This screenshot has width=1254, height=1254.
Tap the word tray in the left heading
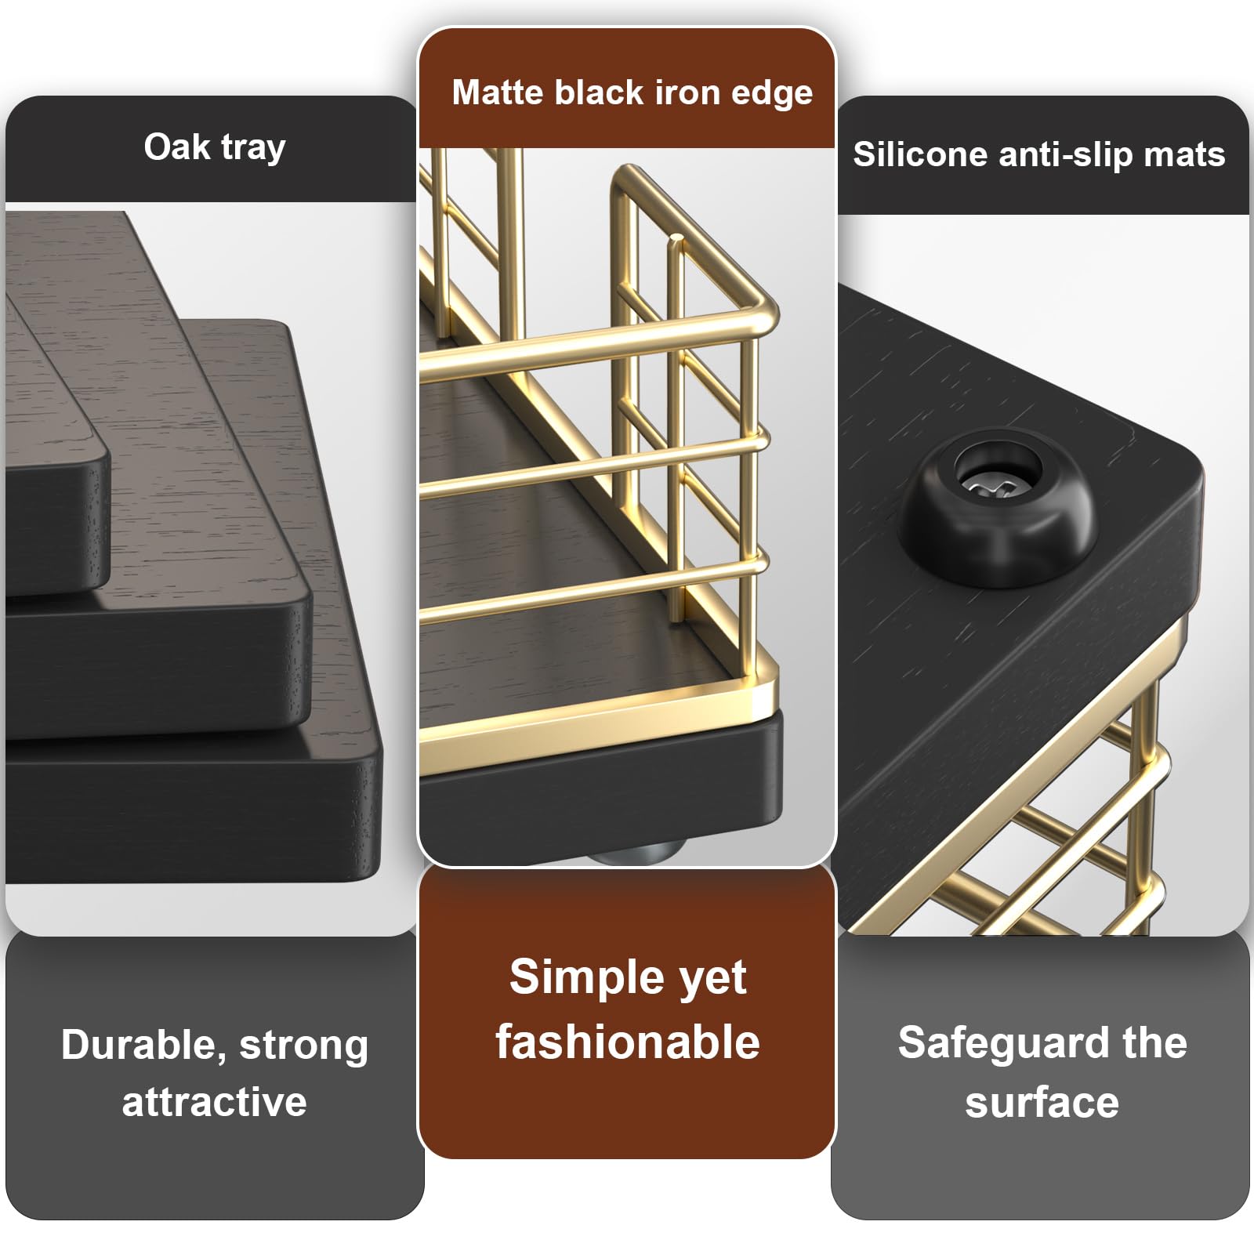point(253,148)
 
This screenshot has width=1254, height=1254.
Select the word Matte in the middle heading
point(498,92)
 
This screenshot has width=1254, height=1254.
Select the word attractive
point(214,1102)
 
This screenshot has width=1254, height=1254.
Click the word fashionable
point(627,1042)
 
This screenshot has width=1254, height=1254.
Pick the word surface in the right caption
point(1042,1103)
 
